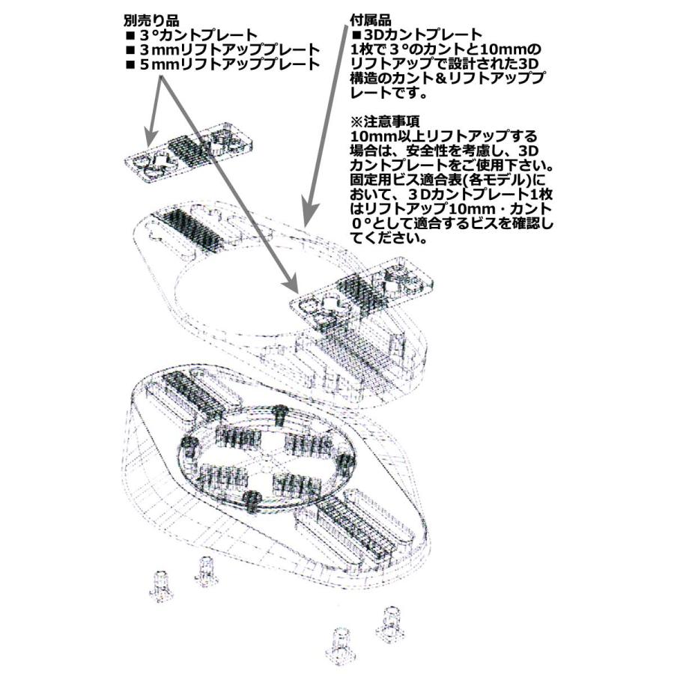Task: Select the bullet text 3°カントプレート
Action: click(x=198, y=35)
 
